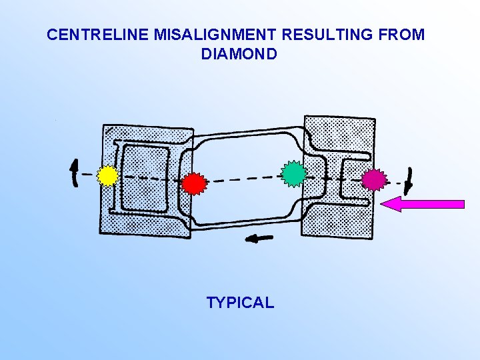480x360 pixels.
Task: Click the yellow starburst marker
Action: click(x=107, y=175)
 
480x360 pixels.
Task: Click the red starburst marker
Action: click(x=193, y=182)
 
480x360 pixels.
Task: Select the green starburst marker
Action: click(x=293, y=173)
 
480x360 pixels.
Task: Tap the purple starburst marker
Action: click(x=374, y=179)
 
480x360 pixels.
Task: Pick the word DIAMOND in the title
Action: click(x=239, y=55)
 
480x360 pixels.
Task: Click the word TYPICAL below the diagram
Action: click(x=240, y=303)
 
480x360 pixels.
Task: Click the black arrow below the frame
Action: click(x=260, y=237)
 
